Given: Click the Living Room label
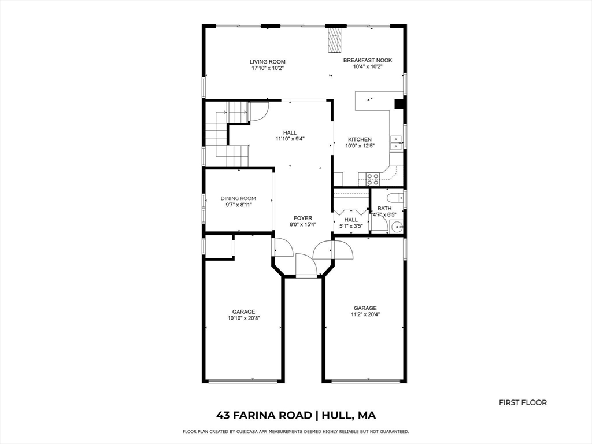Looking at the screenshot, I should (x=267, y=62).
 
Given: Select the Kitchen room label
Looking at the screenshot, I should (x=360, y=139).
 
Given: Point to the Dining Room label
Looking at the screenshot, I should (x=238, y=198).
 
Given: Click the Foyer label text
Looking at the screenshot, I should (x=303, y=218).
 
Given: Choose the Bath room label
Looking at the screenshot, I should (x=384, y=208).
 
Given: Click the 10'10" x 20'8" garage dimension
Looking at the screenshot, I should (x=243, y=319).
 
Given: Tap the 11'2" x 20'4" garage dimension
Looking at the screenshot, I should (x=365, y=315).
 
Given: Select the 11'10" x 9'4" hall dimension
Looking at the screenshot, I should (x=290, y=139).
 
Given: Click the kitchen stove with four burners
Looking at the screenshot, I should (x=373, y=179).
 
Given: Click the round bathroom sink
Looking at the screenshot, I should (x=397, y=227).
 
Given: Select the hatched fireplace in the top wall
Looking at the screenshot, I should (x=335, y=40).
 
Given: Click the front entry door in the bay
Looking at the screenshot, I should (x=306, y=266).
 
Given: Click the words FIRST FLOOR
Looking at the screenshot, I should (x=523, y=402).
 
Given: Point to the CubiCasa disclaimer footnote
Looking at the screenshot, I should (x=295, y=431).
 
